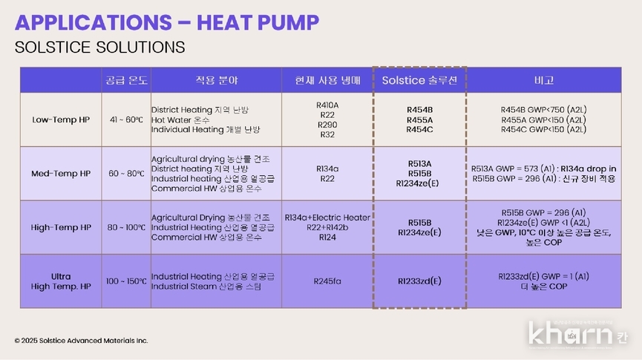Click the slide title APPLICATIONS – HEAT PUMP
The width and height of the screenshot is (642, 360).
(x=166, y=22)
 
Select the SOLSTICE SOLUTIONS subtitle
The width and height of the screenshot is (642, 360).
(x=99, y=48)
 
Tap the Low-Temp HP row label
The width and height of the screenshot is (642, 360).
(x=61, y=120)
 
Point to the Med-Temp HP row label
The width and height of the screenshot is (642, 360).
(x=61, y=174)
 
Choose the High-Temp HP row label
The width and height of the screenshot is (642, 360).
(x=62, y=227)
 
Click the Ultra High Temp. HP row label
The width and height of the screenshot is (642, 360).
(x=61, y=281)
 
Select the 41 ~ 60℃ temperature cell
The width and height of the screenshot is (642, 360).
(x=125, y=120)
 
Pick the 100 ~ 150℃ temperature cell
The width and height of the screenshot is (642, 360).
(x=125, y=282)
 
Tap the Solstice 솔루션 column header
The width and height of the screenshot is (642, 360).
(x=419, y=79)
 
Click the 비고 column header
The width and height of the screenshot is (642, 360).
(x=543, y=79)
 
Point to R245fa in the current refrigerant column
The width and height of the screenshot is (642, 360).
(x=327, y=281)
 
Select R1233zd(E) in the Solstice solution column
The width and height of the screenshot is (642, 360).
(x=419, y=281)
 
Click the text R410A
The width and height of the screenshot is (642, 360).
(x=327, y=105)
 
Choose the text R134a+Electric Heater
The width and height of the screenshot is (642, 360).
(x=327, y=217)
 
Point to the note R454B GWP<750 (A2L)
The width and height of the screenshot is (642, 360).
(x=543, y=110)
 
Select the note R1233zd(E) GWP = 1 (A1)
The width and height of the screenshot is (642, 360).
(x=543, y=276)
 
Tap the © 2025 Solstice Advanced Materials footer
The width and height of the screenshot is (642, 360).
(x=81, y=341)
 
